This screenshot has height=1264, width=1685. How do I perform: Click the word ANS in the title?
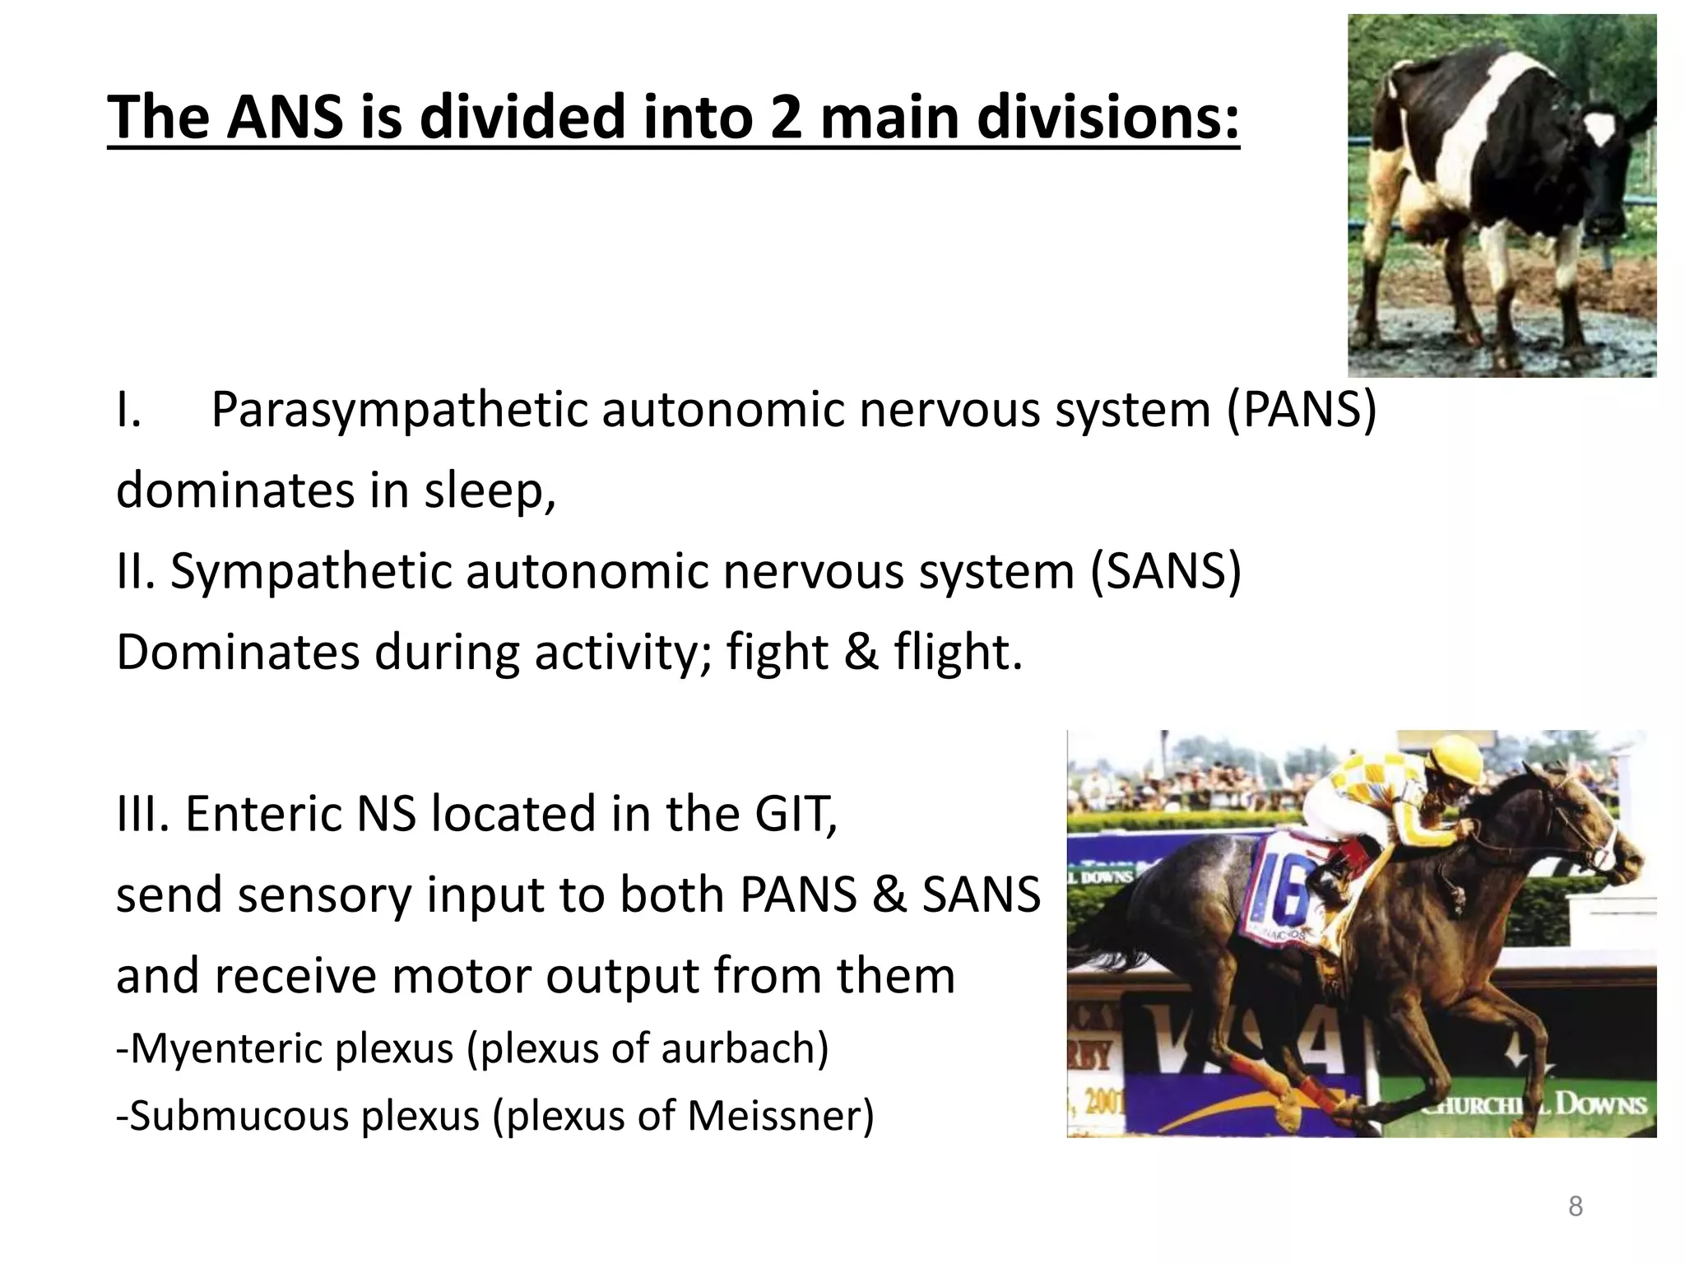[285, 117]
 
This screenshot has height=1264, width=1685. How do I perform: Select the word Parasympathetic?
[400, 409]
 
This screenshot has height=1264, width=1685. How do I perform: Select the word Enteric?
[263, 814]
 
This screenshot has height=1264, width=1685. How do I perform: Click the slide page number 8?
[1575, 1206]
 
